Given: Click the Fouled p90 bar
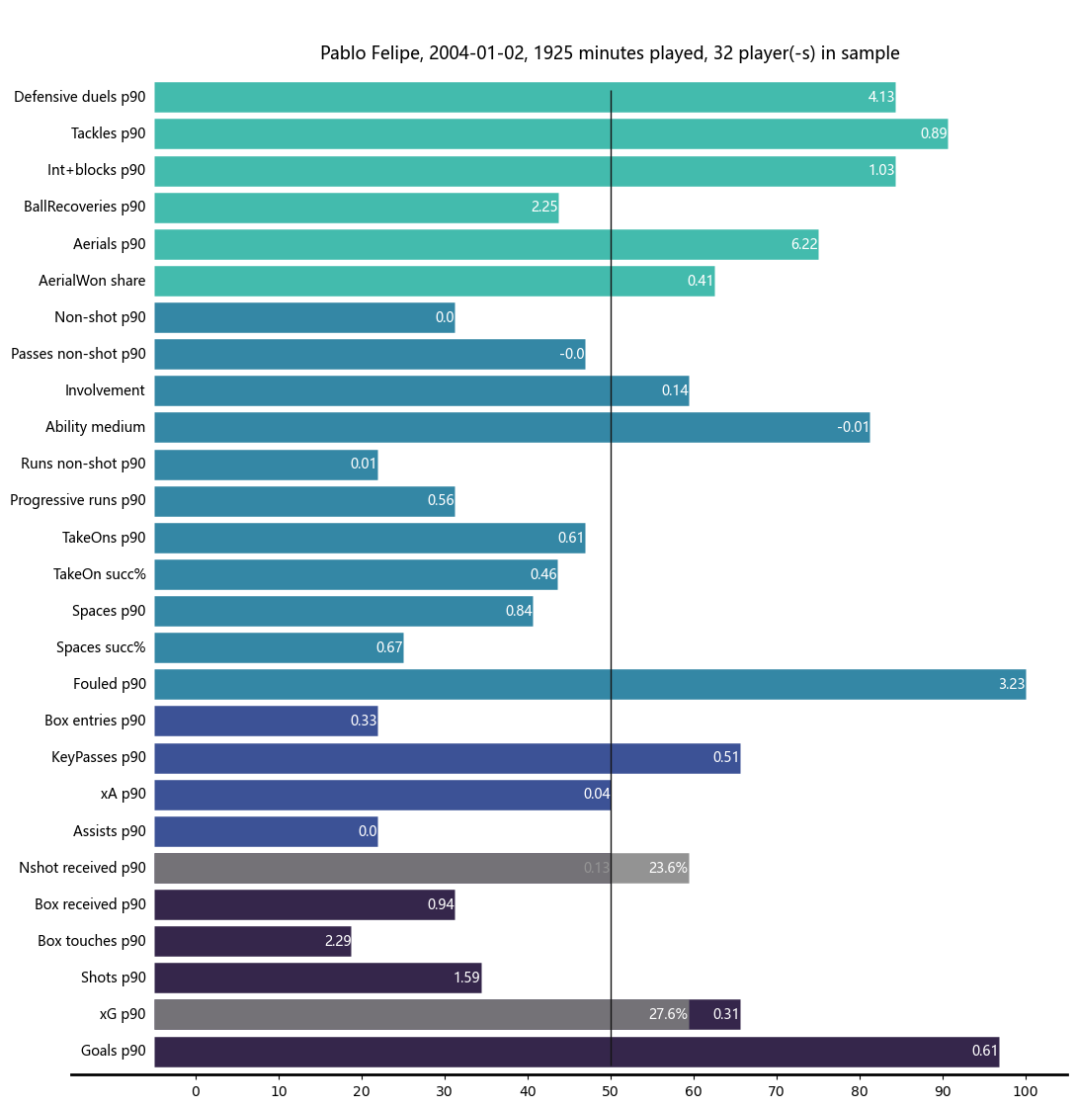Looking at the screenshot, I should pyautogui.click(x=590, y=684).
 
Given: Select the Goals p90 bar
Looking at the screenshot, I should pyautogui.click(x=576, y=1051).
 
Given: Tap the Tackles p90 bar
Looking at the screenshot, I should pyautogui.click(x=550, y=133).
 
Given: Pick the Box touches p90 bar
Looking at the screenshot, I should pyautogui.click(x=253, y=941).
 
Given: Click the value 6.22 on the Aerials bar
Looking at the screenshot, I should pyautogui.click(x=804, y=244).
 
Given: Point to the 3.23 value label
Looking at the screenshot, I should pyautogui.click(x=1011, y=684).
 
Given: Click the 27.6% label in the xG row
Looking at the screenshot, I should pyautogui.click(x=668, y=1014).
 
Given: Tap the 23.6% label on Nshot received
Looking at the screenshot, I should pyautogui.click(x=668, y=868).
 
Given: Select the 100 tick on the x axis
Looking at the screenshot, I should pyautogui.click(x=1026, y=1091).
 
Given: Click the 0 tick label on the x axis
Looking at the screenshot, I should pyautogui.click(x=196, y=1091).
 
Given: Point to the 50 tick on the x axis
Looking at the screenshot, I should pyautogui.click(x=611, y=1091).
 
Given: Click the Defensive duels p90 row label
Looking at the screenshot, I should pyautogui.click(x=80, y=97).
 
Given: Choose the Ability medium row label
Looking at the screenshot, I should pyautogui.click(x=95, y=427).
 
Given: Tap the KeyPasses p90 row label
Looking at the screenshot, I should pyautogui.click(x=99, y=757).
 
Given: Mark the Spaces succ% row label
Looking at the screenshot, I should pyautogui.click(x=101, y=647).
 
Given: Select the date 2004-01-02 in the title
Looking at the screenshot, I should pyautogui.click(x=481, y=53).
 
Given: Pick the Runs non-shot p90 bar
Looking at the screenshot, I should pyautogui.click(x=266, y=464).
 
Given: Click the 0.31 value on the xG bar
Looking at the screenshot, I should pyautogui.click(x=725, y=1014).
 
